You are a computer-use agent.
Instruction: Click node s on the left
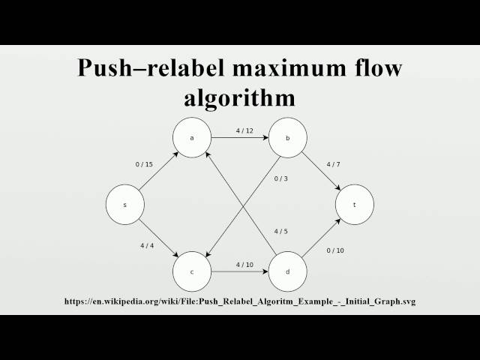point(125,204)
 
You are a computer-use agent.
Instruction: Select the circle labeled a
point(192,138)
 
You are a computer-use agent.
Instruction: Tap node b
point(289,138)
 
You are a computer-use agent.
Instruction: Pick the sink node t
point(355,204)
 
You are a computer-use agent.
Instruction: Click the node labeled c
point(192,271)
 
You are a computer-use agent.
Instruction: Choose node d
point(289,271)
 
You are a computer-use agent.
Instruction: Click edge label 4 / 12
point(244,130)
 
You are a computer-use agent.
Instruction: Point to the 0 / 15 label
point(144,164)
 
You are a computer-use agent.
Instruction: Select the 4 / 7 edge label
point(334,164)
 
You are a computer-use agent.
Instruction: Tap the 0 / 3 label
point(280,178)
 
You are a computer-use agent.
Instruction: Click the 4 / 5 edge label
point(280,230)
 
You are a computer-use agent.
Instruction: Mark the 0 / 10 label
point(334,250)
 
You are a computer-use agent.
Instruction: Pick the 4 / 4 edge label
point(147,245)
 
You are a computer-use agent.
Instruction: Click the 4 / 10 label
point(244,264)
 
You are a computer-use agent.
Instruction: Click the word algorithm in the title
point(240,98)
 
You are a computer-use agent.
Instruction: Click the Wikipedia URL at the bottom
point(240,301)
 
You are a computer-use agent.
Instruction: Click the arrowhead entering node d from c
point(265,271)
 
